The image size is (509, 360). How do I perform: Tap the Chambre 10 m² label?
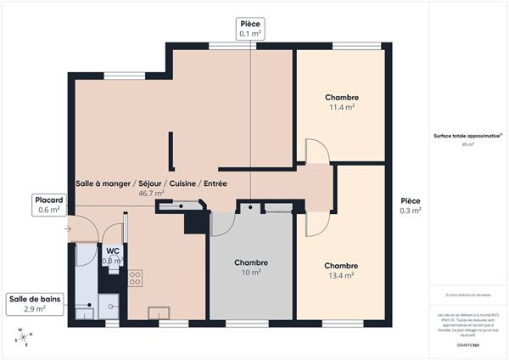pyautogui.click(x=251, y=267)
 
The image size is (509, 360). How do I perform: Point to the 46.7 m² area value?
pyautogui.click(x=151, y=193)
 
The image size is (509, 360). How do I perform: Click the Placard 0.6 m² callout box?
pyautogui.click(x=48, y=204)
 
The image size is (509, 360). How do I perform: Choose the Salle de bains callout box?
pyautogui.click(x=34, y=304)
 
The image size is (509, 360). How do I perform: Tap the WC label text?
pyautogui.click(x=112, y=250)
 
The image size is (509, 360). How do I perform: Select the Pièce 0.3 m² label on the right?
pyautogui.click(x=411, y=205)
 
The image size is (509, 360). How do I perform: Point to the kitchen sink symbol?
pyautogui.click(x=159, y=312)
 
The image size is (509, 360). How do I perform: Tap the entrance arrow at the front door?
pyautogui.click(x=67, y=228)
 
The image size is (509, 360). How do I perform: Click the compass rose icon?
pyautogui.click(x=20, y=340)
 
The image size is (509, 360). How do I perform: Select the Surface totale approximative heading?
pyautogui.click(x=467, y=135)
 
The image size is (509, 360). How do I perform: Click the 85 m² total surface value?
pyautogui.click(x=467, y=144)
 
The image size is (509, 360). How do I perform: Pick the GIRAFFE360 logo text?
pyautogui.click(x=467, y=334)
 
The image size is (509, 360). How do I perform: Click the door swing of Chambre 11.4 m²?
pyautogui.click(x=316, y=152)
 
